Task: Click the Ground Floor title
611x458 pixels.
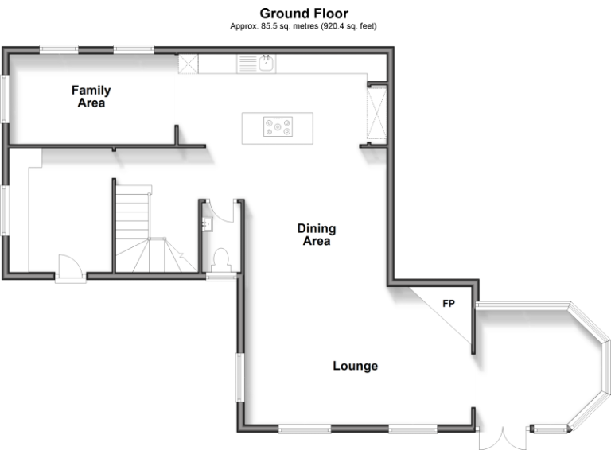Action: pos(303,14)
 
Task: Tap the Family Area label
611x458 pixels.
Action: pos(91,97)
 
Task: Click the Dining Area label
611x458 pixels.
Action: pos(316,235)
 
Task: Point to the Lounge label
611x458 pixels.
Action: pos(355,367)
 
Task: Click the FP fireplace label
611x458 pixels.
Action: pos(449,304)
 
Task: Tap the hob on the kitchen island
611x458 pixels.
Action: pos(278,127)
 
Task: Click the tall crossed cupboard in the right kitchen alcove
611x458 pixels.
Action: pos(376,114)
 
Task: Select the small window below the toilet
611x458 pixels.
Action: pos(221,277)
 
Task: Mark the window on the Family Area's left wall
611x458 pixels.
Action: pos(5,99)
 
